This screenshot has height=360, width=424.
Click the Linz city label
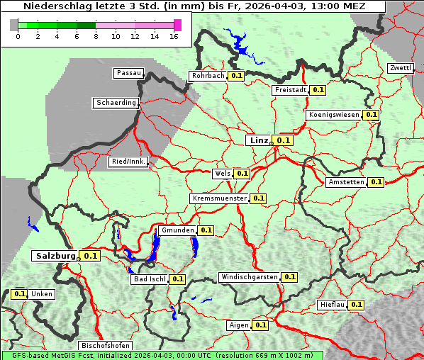(258, 140)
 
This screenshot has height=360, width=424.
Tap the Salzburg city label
(55, 256)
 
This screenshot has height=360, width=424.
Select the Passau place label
(128, 73)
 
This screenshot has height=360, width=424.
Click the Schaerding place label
(116, 103)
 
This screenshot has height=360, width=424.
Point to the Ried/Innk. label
(128, 162)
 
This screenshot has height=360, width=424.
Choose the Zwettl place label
(400, 68)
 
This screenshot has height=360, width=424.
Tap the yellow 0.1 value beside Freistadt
(318, 90)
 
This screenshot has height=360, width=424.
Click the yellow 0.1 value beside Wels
(242, 173)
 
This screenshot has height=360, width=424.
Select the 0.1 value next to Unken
(20, 293)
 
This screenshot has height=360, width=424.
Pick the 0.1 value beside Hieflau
(356, 305)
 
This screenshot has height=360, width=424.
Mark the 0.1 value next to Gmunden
(206, 230)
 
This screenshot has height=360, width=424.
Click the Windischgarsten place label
(249, 277)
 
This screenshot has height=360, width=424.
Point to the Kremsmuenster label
(220, 198)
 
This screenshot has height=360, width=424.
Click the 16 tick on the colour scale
(174, 37)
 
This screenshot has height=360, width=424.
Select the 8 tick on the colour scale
(96, 37)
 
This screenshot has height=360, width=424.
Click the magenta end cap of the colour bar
(177, 25)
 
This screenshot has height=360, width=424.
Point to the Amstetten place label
(346, 182)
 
